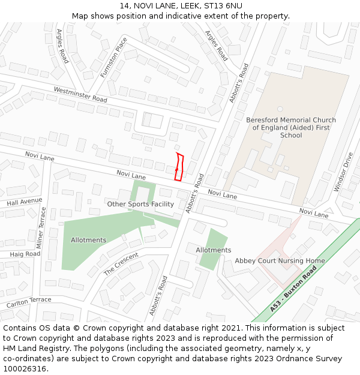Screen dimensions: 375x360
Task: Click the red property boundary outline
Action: [179, 167]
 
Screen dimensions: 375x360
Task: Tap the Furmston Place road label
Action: [114, 58]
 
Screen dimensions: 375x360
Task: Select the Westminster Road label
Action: [80, 94]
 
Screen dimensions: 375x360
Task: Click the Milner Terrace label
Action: [41, 228]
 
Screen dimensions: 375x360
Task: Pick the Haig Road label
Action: [25, 254]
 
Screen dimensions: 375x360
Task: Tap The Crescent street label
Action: [121, 263]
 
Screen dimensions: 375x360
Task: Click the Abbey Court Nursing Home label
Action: [280, 261]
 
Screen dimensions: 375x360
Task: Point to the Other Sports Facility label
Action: [140, 204]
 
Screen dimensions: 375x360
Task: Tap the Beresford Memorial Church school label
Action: [291, 127]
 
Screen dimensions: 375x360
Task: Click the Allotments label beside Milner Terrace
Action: [88, 240]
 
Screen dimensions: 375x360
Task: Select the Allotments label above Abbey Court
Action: [213, 250]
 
